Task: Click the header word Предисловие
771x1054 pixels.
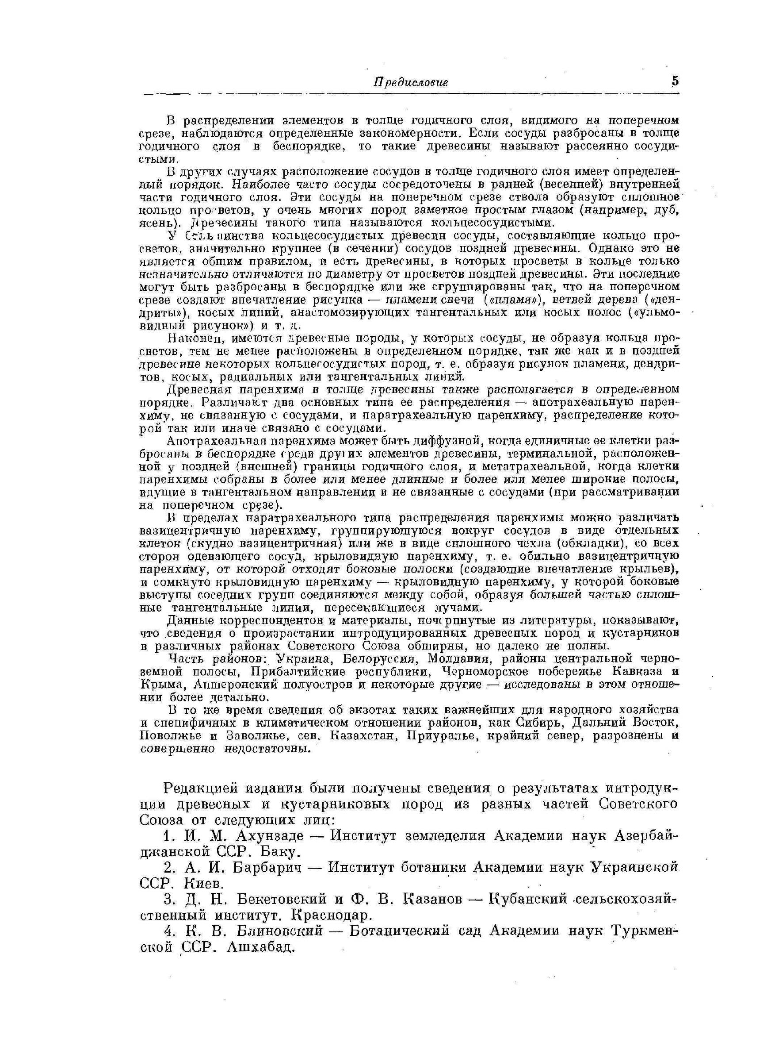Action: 411,83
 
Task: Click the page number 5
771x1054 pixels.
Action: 675,81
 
